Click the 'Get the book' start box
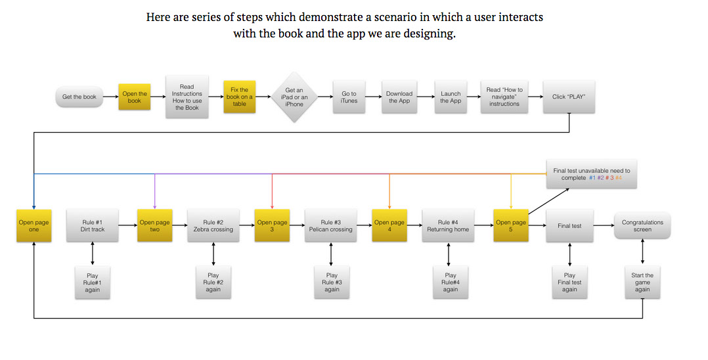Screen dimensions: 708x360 coord(79,97)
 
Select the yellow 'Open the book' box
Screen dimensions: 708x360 coord(135,97)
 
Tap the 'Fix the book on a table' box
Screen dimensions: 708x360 coord(239,97)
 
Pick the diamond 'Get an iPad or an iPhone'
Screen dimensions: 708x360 coord(294,97)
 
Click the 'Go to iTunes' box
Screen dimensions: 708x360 coord(349,97)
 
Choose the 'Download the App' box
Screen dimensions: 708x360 coord(399,97)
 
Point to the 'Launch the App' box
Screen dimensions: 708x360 coord(451,97)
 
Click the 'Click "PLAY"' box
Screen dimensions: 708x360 coord(569,97)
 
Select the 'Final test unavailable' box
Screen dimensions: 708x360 coord(592,174)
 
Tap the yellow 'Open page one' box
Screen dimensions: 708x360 coord(34,225)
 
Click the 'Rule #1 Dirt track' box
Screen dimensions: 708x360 coord(93,225)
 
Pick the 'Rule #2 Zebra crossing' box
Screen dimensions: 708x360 coord(213,225)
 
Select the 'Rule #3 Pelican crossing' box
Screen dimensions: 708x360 coord(330,225)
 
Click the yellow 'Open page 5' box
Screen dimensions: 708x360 coord(511,225)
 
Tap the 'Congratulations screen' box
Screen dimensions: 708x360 coord(642,225)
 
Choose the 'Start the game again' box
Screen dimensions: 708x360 coord(642,282)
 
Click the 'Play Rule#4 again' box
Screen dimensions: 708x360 coord(450,282)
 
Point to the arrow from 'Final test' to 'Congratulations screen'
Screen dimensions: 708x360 coord(604,225)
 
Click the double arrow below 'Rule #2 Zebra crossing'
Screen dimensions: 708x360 coord(213,254)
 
